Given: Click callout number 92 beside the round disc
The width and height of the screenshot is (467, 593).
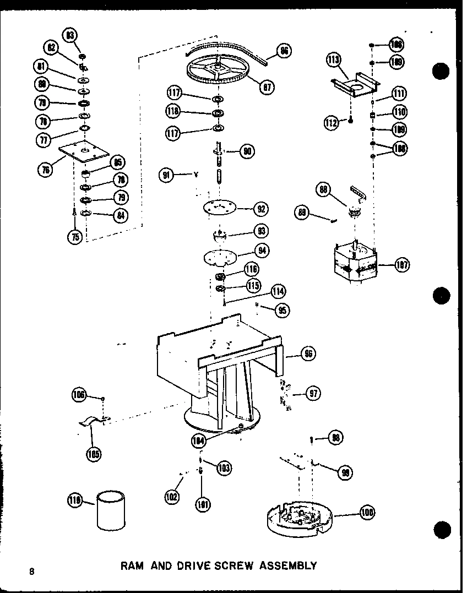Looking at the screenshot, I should [261, 209].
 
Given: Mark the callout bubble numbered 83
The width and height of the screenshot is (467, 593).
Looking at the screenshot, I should [70, 36].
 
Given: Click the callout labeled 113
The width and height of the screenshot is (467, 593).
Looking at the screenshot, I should [334, 60].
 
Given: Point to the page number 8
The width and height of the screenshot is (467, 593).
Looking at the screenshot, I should [32, 571].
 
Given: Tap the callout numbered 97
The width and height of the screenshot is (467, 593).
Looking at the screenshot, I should [314, 393].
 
